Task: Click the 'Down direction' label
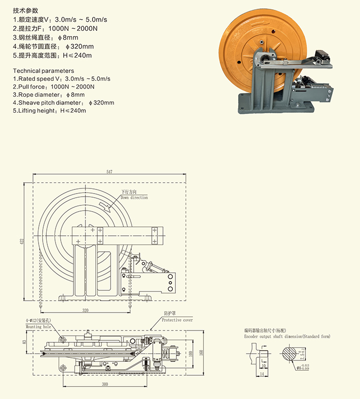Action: coord(134,198)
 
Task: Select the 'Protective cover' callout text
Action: coord(177,320)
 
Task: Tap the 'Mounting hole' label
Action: coord(39,326)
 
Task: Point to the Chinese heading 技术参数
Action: coord(25,10)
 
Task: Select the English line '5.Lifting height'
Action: coord(50,111)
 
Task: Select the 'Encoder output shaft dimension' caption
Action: coord(287,336)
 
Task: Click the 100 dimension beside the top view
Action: coord(191,353)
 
